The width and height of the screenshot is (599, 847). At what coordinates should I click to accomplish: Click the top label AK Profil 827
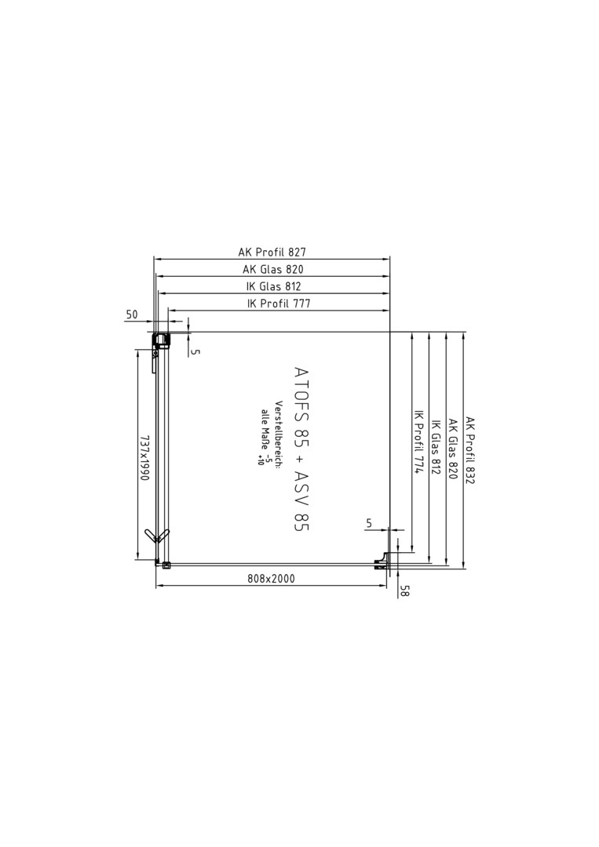pos(272,252)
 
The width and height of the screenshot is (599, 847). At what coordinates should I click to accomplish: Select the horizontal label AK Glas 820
pos(273,269)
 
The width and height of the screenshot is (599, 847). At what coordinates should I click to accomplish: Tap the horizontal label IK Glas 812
pos(273,286)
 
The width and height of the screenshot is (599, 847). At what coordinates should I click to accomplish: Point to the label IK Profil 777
pos(279,304)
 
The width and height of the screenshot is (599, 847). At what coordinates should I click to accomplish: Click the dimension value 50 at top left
pos(132,314)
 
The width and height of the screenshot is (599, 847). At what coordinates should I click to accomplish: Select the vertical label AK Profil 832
pos(469,450)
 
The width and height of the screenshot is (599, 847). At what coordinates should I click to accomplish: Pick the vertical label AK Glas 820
pos(453,449)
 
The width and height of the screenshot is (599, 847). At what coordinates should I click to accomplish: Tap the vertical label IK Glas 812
pos(436,447)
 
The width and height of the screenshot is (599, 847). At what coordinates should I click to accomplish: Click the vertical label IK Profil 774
pos(418,441)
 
